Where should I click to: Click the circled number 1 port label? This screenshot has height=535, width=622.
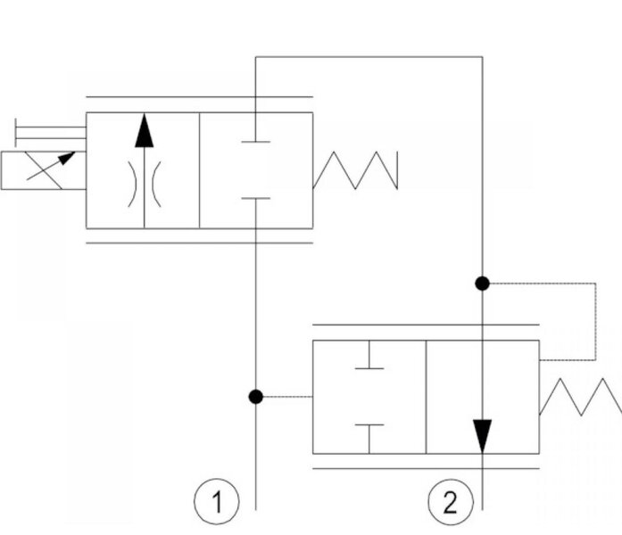tap(217, 501)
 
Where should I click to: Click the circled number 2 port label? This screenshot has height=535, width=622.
tap(451, 501)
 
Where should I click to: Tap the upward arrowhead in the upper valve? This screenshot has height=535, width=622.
tap(144, 131)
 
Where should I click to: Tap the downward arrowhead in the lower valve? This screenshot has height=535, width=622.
tap(483, 436)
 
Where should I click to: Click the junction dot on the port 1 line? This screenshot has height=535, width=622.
tap(256, 396)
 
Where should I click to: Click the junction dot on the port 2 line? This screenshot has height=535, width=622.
tap(483, 284)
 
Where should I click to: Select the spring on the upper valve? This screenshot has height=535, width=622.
tap(355, 170)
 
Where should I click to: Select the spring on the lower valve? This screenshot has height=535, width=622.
tap(581, 397)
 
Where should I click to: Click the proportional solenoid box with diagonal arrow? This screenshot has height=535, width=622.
tap(43, 170)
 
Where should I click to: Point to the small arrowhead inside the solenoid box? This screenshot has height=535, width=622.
tap(67, 158)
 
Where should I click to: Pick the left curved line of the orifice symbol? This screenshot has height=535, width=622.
tap(132, 185)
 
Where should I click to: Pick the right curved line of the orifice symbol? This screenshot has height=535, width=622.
tap(156, 185)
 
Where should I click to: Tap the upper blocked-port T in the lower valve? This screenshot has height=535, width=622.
tap(369, 355)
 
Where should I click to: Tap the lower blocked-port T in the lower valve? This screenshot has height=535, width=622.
tap(369, 439)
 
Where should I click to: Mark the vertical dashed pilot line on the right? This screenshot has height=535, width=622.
tap(595, 321)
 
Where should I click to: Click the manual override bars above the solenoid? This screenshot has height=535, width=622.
tap(50, 133)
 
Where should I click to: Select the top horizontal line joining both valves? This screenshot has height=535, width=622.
tap(369, 57)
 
